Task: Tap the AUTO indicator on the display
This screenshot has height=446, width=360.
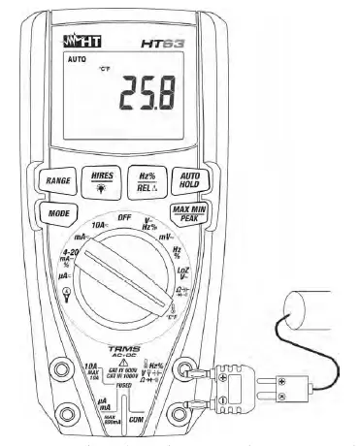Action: pos(76,58)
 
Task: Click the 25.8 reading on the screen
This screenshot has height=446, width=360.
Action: pos(148,95)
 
